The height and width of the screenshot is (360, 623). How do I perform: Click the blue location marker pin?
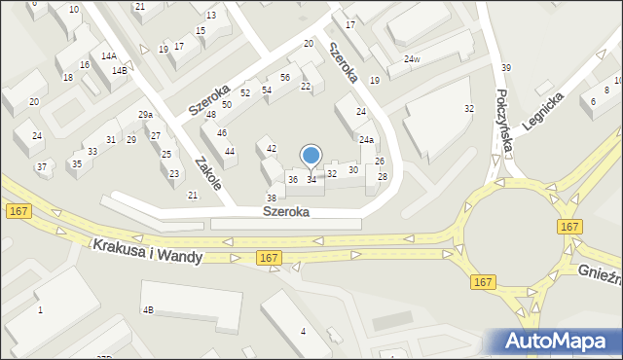click(311, 156)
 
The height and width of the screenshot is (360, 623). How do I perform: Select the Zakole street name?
click(208, 173)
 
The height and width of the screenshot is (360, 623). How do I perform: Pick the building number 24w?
click(413, 59)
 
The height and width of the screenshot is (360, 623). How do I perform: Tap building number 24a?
click(366, 140)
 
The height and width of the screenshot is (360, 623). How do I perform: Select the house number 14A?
click(109, 56)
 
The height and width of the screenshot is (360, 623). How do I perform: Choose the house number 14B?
click(119, 71)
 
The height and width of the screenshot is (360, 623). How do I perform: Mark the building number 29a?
click(145, 115)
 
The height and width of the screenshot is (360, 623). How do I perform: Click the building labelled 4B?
click(148, 309)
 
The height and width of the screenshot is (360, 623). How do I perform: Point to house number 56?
click(285, 77)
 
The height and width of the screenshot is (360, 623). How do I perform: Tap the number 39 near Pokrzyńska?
click(506, 67)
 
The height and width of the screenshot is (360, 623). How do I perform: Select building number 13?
click(211, 16)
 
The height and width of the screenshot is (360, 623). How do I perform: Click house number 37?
click(42, 167)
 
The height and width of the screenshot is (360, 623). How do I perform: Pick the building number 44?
click(230, 151)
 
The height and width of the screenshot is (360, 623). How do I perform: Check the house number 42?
click(272, 148)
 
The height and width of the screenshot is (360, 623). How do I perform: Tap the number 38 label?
click(272, 198)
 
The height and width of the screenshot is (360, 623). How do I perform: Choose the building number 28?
click(383, 176)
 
